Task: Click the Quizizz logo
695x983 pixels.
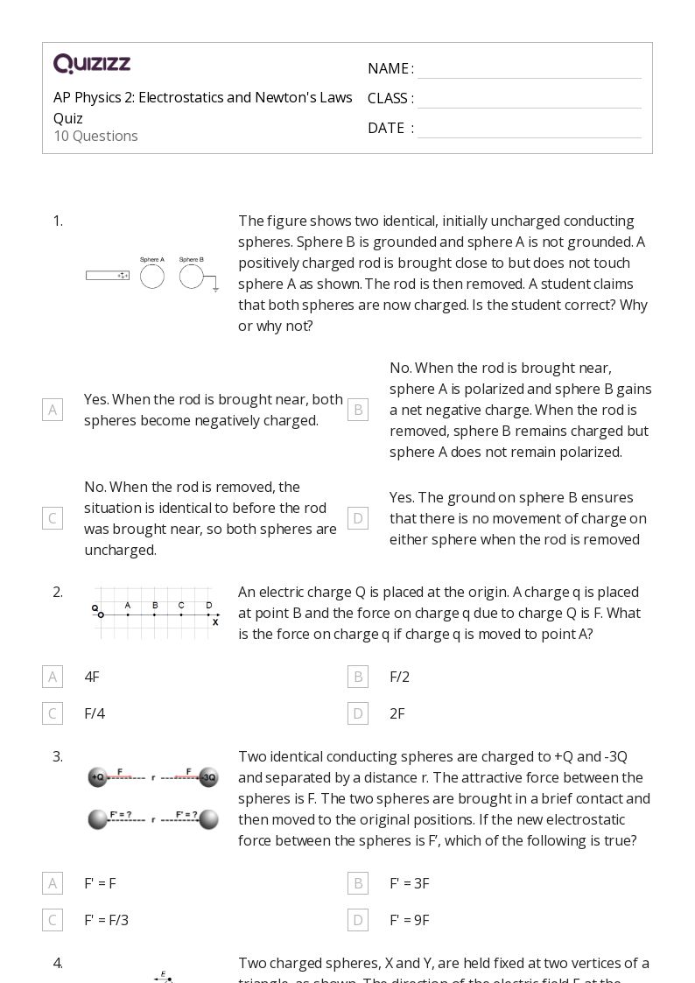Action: pyautogui.click(x=92, y=64)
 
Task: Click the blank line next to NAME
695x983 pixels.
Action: pyautogui.click(x=529, y=69)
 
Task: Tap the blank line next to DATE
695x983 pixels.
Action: pyautogui.click(x=529, y=129)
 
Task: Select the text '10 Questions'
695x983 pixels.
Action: pyautogui.click(x=95, y=137)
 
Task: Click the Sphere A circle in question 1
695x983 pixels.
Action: pyautogui.click(x=152, y=277)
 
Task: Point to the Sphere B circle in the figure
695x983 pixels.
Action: pyautogui.click(x=191, y=277)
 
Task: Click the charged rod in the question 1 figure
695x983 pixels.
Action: pyautogui.click(x=108, y=276)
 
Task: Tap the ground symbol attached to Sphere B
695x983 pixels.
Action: pyautogui.click(x=215, y=286)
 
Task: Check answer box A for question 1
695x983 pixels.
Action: pyautogui.click(x=53, y=410)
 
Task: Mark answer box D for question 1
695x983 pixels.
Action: pyautogui.click(x=358, y=518)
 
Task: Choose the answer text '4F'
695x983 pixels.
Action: pyautogui.click(x=92, y=677)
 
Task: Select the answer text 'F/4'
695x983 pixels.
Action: pyautogui.click(x=95, y=713)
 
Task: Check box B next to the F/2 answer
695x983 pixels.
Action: pyautogui.click(x=358, y=677)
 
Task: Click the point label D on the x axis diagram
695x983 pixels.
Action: pyautogui.click(x=208, y=605)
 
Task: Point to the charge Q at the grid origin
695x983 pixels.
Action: pyautogui.click(x=101, y=614)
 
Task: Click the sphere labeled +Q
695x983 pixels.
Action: pyautogui.click(x=97, y=777)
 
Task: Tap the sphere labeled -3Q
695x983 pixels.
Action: pyautogui.click(x=208, y=777)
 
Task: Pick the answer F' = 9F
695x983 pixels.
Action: pyautogui.click(x=410, y=920)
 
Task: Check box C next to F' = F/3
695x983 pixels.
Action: pyautogui.click(x=53, y=920)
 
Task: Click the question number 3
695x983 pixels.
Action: pyautogui.click(x=58, y=756)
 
